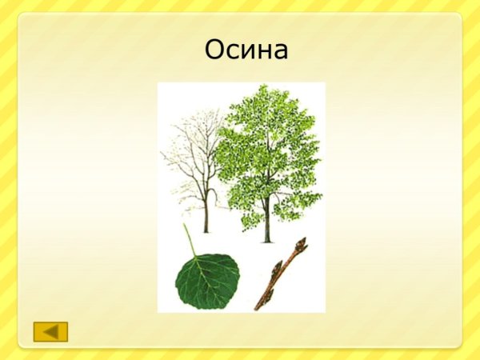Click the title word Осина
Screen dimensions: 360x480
pos(246,50)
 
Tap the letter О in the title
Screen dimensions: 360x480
pos(214,50)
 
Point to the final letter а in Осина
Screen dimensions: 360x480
pos(279,53)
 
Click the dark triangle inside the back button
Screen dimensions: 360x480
pos(50,331)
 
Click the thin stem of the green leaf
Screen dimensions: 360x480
pos(190,239)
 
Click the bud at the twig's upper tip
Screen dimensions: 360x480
pos(302,242)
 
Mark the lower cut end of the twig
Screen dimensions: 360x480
pos(258,307)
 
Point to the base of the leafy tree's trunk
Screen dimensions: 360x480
pos(267,239)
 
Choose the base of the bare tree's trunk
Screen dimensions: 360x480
pos(206,230)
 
